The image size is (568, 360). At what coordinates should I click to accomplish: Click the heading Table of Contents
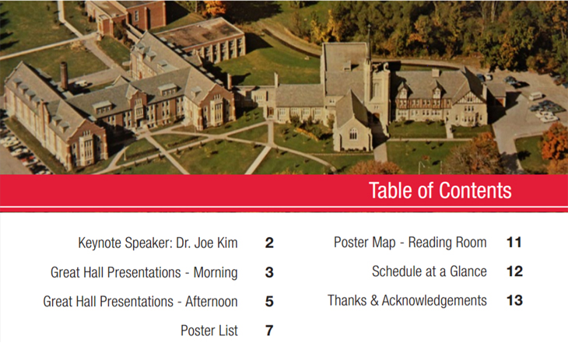440,190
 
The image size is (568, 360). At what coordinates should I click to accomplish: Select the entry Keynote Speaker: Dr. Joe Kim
158,243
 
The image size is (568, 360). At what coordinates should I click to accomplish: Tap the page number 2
269,243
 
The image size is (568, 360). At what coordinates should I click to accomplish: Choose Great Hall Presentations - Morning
144,272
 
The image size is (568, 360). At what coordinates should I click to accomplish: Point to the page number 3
269,272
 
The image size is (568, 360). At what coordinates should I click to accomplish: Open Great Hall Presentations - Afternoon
141,302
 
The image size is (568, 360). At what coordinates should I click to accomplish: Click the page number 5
269,302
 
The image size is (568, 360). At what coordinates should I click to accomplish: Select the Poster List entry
209,330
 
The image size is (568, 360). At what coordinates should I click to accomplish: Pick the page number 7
269,330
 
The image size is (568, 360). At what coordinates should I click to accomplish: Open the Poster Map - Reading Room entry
410,243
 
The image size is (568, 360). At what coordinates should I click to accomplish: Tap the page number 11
514,243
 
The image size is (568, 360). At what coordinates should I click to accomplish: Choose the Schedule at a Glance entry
430,271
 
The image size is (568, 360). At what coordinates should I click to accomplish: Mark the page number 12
514,271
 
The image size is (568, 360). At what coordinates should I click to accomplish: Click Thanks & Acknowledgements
407,300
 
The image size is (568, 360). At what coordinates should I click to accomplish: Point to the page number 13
514,300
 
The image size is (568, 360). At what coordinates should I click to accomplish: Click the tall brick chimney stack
64,75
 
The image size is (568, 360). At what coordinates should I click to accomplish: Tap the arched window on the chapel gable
353,134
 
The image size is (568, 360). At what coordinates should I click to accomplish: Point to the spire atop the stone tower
369,43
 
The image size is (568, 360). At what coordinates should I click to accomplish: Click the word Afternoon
212,302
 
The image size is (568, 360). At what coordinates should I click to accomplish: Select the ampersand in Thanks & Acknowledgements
374,301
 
